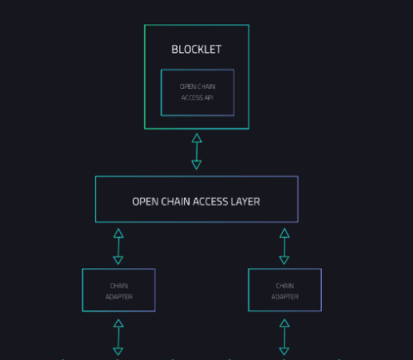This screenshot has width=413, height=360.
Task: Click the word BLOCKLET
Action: pyautogui.click(x=196, y=50)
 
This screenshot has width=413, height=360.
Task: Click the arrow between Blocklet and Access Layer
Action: pyautogui.click(x=196, y=151)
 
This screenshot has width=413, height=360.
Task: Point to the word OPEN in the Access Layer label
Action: pyautogui.click(x=145, y=202)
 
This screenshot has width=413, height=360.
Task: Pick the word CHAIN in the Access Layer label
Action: pyautogui.click(x=175, y=202)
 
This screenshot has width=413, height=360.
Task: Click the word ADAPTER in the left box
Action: pyautogui.click(x=118, y=297)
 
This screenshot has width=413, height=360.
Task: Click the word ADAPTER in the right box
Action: pyautogui.click(x=284, y=297)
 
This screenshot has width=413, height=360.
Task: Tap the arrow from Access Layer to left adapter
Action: pyautogui.click(x=118, y=246)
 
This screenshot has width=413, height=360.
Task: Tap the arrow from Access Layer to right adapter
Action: pyautogui.click(x=284, y=246)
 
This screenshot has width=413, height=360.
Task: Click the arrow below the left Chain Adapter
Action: pyautogui.click(x=118, y=337)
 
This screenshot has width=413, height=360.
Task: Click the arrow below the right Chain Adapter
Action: pyautogui.click(x=284, y=337)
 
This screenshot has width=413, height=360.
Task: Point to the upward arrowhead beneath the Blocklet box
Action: pyautogui.click(x=196, y=138)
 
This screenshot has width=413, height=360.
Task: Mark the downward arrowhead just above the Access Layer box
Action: pyautogui.click(x=196, y=165)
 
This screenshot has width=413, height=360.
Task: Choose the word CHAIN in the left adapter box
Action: pyautogui.click(x=118, y=286)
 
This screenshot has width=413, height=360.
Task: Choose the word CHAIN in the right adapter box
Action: pyautogui.click(x=284, y=286)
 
